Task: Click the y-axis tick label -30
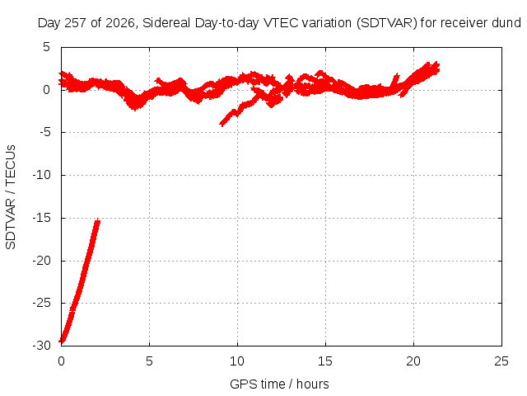42,346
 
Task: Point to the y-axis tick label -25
42,303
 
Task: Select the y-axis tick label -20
42,261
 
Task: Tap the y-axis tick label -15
42,218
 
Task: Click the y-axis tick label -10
42,175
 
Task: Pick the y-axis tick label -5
45,132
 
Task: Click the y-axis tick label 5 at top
46,47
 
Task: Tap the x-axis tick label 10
237,361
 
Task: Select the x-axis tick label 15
325,361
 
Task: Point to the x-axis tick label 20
413,361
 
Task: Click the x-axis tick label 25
501,361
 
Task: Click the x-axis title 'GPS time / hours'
279,384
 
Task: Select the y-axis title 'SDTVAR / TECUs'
11,197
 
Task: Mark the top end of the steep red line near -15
98,220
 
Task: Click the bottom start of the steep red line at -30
62,342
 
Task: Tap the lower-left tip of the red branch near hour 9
222,125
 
